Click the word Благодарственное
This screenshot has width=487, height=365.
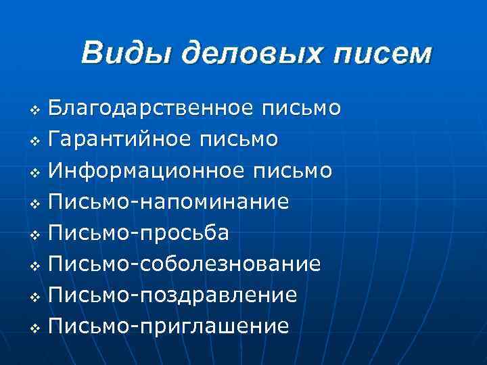(x=152, y=108)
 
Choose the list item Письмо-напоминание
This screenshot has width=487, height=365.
(x=170, y=201)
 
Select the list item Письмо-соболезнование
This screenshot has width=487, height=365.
(x=186, y=264)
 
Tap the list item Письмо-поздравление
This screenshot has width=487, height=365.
(x=174, y=295)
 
